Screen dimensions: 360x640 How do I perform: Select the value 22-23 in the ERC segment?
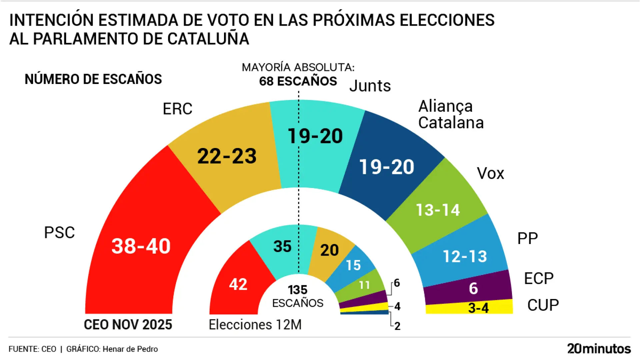click(227, 156)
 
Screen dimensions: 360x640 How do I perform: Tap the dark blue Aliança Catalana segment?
click(387, 167)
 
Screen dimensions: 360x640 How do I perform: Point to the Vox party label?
click(490, 173)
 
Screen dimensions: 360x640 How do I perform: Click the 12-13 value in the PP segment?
click(465, 256)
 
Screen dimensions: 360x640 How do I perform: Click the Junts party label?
click(370, 86)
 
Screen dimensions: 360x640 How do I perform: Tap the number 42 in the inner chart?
click(238, 284)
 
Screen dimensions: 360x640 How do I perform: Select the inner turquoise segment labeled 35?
click(282, 247)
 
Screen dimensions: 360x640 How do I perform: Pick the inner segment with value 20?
click(330, 250)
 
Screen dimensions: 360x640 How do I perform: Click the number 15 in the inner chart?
click(353, 265)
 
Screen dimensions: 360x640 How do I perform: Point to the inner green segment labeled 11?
click(364, 285)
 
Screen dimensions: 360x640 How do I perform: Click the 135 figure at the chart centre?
click(298, 290)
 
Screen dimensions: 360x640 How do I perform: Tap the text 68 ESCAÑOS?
click(298, 81)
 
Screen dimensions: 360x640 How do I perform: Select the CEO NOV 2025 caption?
click(128, 325)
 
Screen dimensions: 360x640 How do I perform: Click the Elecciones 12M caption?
click(255, 325)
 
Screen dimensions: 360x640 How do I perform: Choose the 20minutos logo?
click(599, 349)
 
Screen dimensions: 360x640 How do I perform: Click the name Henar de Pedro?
click(130, 349)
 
